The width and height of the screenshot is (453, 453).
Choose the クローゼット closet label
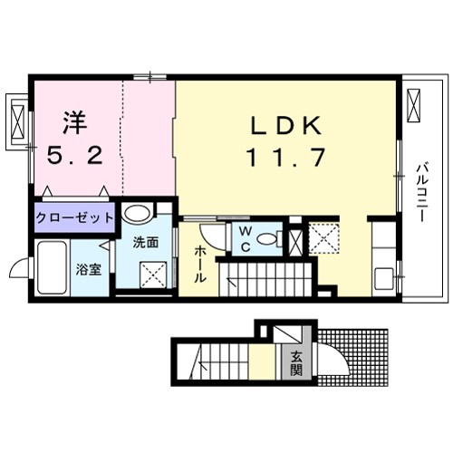[x=75, y=217]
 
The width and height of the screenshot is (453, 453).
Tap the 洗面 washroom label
[x=146, y=243]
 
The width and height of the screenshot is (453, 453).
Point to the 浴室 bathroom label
[x=88, y=269]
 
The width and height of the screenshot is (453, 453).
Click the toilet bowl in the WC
[x=266, y=240]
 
